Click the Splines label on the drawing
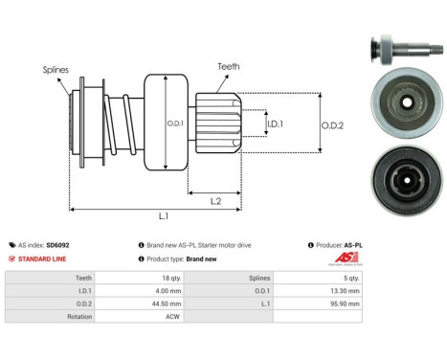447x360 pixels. (x=54, y=70)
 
